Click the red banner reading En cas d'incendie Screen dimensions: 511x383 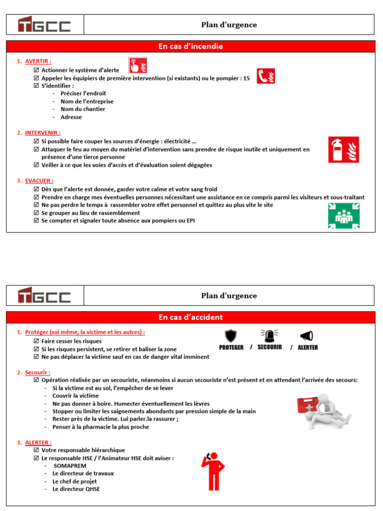(x=191, y=46)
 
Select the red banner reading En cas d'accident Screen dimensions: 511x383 (x=191, y=317)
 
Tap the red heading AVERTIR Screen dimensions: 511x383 (x=38, y=61)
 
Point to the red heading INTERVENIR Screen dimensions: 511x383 (x=42, y=133)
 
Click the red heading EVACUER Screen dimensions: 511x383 (x=39, y=181)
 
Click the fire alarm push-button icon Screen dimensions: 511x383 (x=138, y=65)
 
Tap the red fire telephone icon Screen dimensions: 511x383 (x=266, y=76)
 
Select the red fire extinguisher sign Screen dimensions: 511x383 (x=343, y=149)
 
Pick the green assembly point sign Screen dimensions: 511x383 (x=344, y=216)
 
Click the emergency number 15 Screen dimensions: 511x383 (x=246, y=78)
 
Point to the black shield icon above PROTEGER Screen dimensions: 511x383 (x=231, y=336)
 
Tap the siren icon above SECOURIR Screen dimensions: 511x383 (x=269, y=335)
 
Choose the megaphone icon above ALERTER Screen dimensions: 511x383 (x=307, y=336)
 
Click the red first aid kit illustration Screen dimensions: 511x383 (x=309, y=407)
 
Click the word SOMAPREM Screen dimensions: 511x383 (x=69, y=466)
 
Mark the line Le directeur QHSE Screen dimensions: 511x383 (x=76, y=489)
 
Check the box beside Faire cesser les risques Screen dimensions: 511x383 (x=36, y=341)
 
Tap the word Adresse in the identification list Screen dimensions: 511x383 (x=71, y=117)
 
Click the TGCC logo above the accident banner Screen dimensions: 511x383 (x=44, y=295)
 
